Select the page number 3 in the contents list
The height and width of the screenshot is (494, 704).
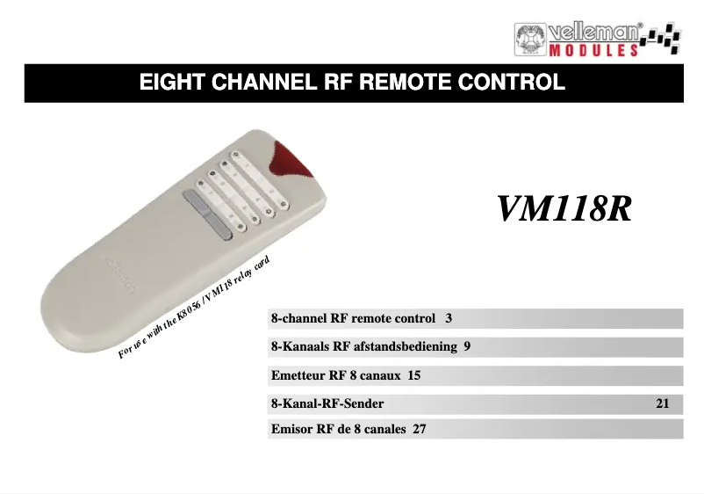pos(449,317)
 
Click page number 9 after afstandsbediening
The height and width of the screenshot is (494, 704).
pos(467,346)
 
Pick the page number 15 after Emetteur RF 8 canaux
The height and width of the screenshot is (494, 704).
pos(414,375)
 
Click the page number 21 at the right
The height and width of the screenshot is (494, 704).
pos(663,404)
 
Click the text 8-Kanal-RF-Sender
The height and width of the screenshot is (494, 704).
pos(327,404)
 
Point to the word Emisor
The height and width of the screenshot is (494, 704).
pos(294,430)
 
